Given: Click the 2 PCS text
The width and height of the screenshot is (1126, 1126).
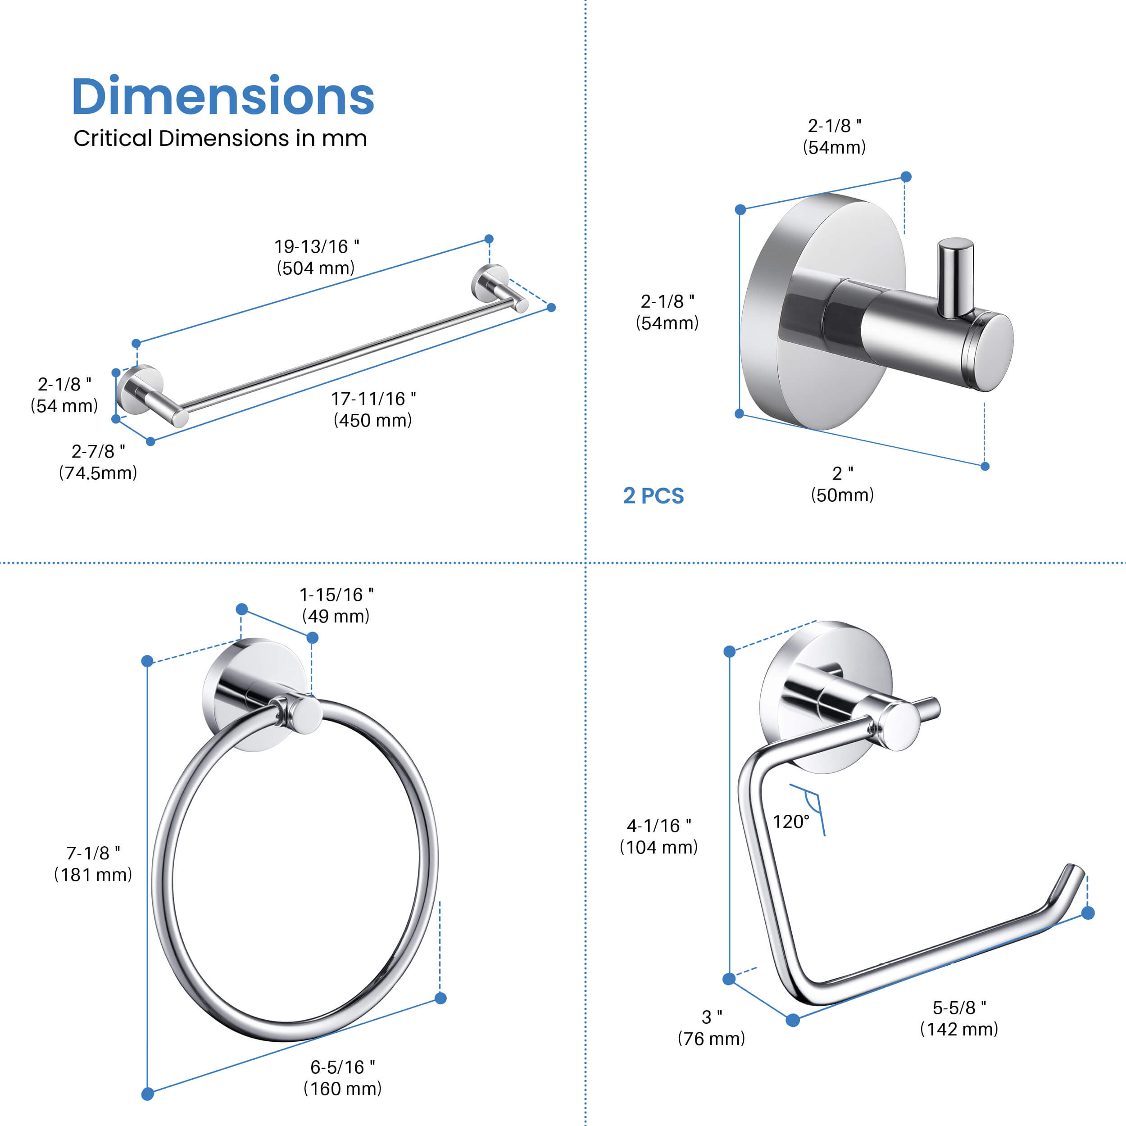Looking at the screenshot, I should pyautogui.click(x=654, y=496).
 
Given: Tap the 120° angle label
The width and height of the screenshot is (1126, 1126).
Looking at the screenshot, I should pyautogui.click(x=791, y=822).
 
